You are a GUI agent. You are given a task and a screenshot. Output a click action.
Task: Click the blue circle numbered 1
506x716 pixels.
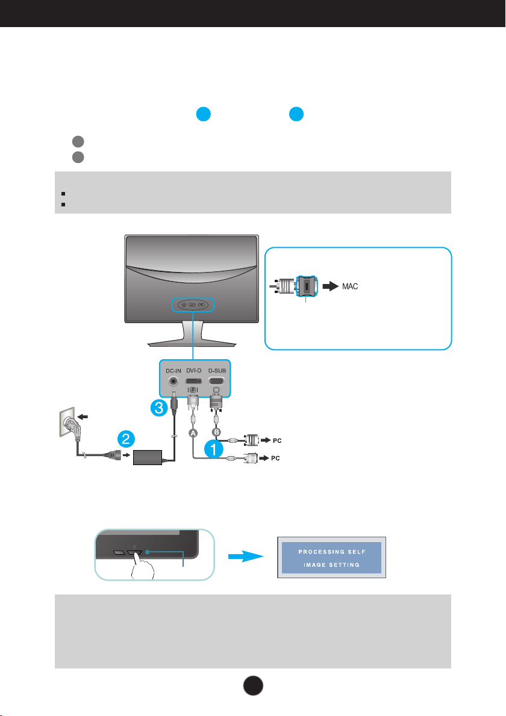tap(213, 449)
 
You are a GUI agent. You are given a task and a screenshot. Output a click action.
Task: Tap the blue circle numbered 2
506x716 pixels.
tap(126, 440)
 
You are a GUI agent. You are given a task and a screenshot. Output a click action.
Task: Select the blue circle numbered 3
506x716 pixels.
tap(159, 407)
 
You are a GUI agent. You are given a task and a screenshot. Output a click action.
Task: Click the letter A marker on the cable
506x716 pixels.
tap(193, 433)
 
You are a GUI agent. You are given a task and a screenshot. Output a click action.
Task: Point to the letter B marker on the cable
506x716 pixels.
tap(216, 431)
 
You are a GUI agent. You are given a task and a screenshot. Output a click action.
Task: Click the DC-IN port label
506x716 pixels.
tap(173, 371)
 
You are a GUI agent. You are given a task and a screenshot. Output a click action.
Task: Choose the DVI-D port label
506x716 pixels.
tap(194, 370)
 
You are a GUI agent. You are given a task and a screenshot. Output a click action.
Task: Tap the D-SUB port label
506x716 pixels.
tap(217, 370)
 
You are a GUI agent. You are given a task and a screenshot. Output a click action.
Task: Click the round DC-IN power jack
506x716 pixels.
tap(173, 381)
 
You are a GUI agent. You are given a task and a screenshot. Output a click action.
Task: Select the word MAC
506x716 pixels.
tap(350, 286)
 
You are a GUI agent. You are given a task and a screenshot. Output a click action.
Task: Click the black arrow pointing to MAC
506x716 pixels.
tap(331, 286)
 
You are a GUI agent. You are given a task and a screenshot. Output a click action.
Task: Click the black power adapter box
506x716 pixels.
tap(148, 457)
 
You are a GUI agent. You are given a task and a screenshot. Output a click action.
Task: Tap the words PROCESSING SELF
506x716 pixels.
tap(332, 552)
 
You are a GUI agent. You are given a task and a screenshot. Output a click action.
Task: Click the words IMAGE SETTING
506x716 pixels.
tap(332, 565)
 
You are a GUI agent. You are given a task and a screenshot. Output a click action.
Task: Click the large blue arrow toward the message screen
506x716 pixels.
tap(246, 556)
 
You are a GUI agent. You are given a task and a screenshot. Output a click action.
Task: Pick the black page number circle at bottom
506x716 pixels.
tap(253, 685)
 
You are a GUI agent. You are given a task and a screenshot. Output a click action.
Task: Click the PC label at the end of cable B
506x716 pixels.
tap(277, 440)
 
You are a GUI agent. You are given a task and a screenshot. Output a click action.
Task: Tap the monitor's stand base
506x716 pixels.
tap(192, 342)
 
